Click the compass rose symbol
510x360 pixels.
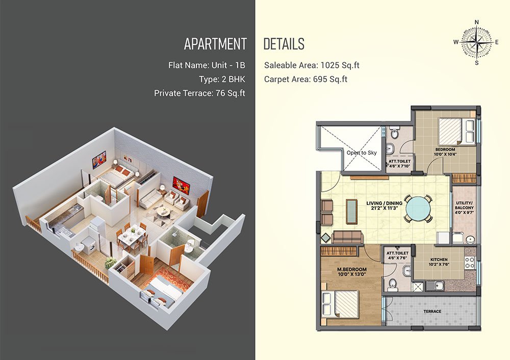pyautogui.click(x=476, y=42)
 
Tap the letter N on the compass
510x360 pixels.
pyautogui.click(x=477, y=22)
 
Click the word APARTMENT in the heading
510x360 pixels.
pyautogui.click(x=215, y=44)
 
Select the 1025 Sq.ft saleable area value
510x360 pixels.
pyautogui.click(x=340, y=65)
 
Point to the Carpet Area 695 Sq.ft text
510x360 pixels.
pyautogui.click(x=305, y=80)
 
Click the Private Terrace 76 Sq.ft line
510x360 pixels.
pyautogui.click(x=199, y=93)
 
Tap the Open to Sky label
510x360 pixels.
pyautogui.click(x=362, y=152)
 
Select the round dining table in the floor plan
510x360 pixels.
pyautogui.click(x=418, y=209)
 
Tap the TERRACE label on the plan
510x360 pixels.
pyautogui.click(x=432, y=311)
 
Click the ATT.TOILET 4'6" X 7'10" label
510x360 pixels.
pyautogui.click(x=399, y=164)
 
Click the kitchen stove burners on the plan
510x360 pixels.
pyautogui.click(x=470, y=263)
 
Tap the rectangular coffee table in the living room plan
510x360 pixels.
pyautogui.click(x=351, y=212)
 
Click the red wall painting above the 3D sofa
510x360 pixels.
pyautogui.click(x=181, y=186)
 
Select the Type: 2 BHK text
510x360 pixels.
pyautogui.click(x=222, y=80)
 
